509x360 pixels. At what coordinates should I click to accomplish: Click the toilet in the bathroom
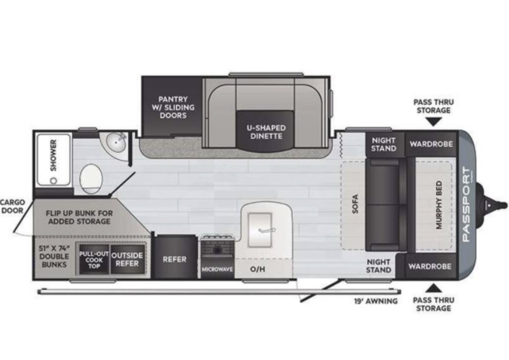[92, 179]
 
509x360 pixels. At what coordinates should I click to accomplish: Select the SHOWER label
[54, 155]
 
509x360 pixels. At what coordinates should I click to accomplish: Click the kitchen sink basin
[260, 230]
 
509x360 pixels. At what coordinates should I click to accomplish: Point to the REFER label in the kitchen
[175, 259]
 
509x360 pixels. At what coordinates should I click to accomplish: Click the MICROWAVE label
[217, 269]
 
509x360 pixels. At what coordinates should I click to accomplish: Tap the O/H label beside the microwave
[258, 269]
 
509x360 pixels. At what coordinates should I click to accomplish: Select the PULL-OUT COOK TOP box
[94, 260]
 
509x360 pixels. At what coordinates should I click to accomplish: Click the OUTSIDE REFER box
[127, 259]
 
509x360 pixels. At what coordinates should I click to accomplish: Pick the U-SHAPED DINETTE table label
[266, 132]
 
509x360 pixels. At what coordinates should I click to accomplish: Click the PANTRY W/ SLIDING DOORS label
[173, 107]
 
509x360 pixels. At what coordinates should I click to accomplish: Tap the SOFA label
[355, 204]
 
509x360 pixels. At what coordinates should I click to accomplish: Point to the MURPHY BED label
[439, 205]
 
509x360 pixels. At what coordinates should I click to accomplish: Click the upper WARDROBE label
[431, 144]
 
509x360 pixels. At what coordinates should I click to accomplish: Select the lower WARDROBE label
[430, 267]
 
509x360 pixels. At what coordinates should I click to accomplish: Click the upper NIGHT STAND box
[385, 144]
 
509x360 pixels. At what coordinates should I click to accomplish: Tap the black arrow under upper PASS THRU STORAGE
[434, 122]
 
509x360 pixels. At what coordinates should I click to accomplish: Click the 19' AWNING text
[376, 301]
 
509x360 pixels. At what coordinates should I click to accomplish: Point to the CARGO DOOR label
[12, 206]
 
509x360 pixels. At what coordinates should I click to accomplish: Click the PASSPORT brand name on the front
[466, 204]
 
